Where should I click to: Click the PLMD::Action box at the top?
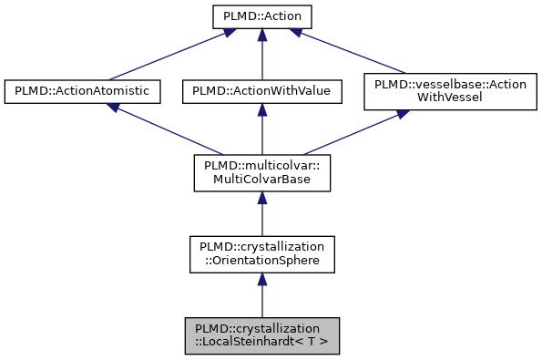(261, 16)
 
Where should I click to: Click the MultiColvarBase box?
(261, 172)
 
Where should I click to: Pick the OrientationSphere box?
(261, 254)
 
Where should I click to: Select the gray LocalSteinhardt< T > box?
(261, 336)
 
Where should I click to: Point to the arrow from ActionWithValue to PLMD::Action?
(261, 54)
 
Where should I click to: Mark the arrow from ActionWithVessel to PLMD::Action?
(355, 54)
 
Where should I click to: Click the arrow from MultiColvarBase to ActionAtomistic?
(169, 129)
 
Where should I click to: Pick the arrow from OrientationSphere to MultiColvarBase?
(261, 213)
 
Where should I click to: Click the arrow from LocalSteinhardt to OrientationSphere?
(261, 295)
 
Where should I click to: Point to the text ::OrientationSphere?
(261, 262)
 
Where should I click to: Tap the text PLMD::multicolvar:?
(261, 165)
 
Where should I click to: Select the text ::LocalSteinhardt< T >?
(261, 344)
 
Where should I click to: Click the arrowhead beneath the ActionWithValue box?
(261, 109)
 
